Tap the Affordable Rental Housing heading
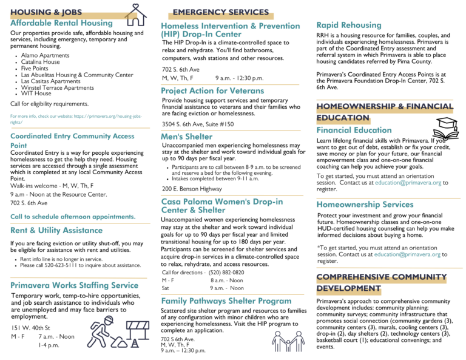click(x=62, y=23)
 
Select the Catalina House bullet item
click(x=40, y=62)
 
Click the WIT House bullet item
click(x=36, y=93)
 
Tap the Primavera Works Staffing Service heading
click(x=75, y=285)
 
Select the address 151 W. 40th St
click(x=32, y=328)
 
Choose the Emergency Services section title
click(x=220, y=12)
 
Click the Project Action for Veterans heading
click(x=212, y=90)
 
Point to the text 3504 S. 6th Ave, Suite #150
click(x=198, y=124)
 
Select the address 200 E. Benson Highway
click(x=192, y=189)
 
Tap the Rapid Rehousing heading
click(x=349, y=25)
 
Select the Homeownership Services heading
click(x=365, y=205)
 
